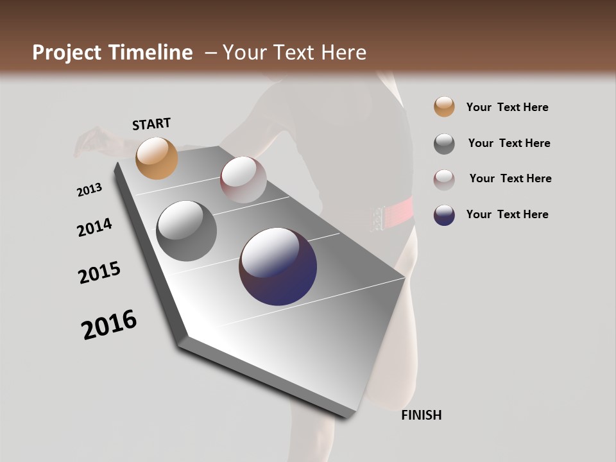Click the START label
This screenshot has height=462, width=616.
coord(151,124)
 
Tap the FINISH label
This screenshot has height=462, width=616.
coord(421,415)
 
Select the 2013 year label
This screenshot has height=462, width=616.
coord(89,190)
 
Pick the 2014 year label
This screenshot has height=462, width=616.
coord(94,228)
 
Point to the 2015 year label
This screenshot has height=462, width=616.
coord(99,273)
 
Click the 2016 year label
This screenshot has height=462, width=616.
coord(108,324)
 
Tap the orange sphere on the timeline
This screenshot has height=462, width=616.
coord(157,158)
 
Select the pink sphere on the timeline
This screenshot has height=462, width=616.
coord(243,180)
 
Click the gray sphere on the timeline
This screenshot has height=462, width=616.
coord(186,231)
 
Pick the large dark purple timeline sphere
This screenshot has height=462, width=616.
coord(278,266)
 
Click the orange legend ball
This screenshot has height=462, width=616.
coord(444,107)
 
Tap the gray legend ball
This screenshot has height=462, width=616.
coord(444,144)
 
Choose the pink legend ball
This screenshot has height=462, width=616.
coord(444,180)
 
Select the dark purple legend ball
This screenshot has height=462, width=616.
coord(444,215)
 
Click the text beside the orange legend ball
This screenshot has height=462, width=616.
coord(507,107)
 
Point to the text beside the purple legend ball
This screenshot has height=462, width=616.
coord(507,214)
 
